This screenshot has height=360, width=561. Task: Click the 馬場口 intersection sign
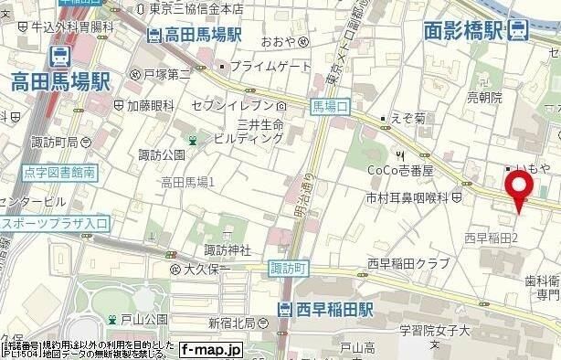[x=330, y=107]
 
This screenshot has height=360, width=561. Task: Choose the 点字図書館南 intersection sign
[x=35, y=170]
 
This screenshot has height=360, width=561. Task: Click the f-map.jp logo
[x=210, y=349]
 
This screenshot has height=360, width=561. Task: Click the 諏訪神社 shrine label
[x=228, y=249]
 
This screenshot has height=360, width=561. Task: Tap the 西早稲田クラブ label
[x=407, y=264]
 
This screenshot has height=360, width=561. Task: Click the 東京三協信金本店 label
[x=196, y=8]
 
